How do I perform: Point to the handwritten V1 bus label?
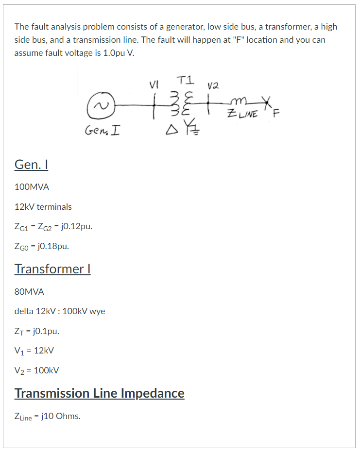pos(155,84)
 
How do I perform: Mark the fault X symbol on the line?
pos(265,102)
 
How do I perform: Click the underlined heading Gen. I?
pos(31,165)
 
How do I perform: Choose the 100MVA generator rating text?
pos(32,187)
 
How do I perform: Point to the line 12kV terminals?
pos(43,207)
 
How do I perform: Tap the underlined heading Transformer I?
pos(52,268)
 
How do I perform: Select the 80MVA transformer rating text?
pos(29,292)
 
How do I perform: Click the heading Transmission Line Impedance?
pos(99,393)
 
